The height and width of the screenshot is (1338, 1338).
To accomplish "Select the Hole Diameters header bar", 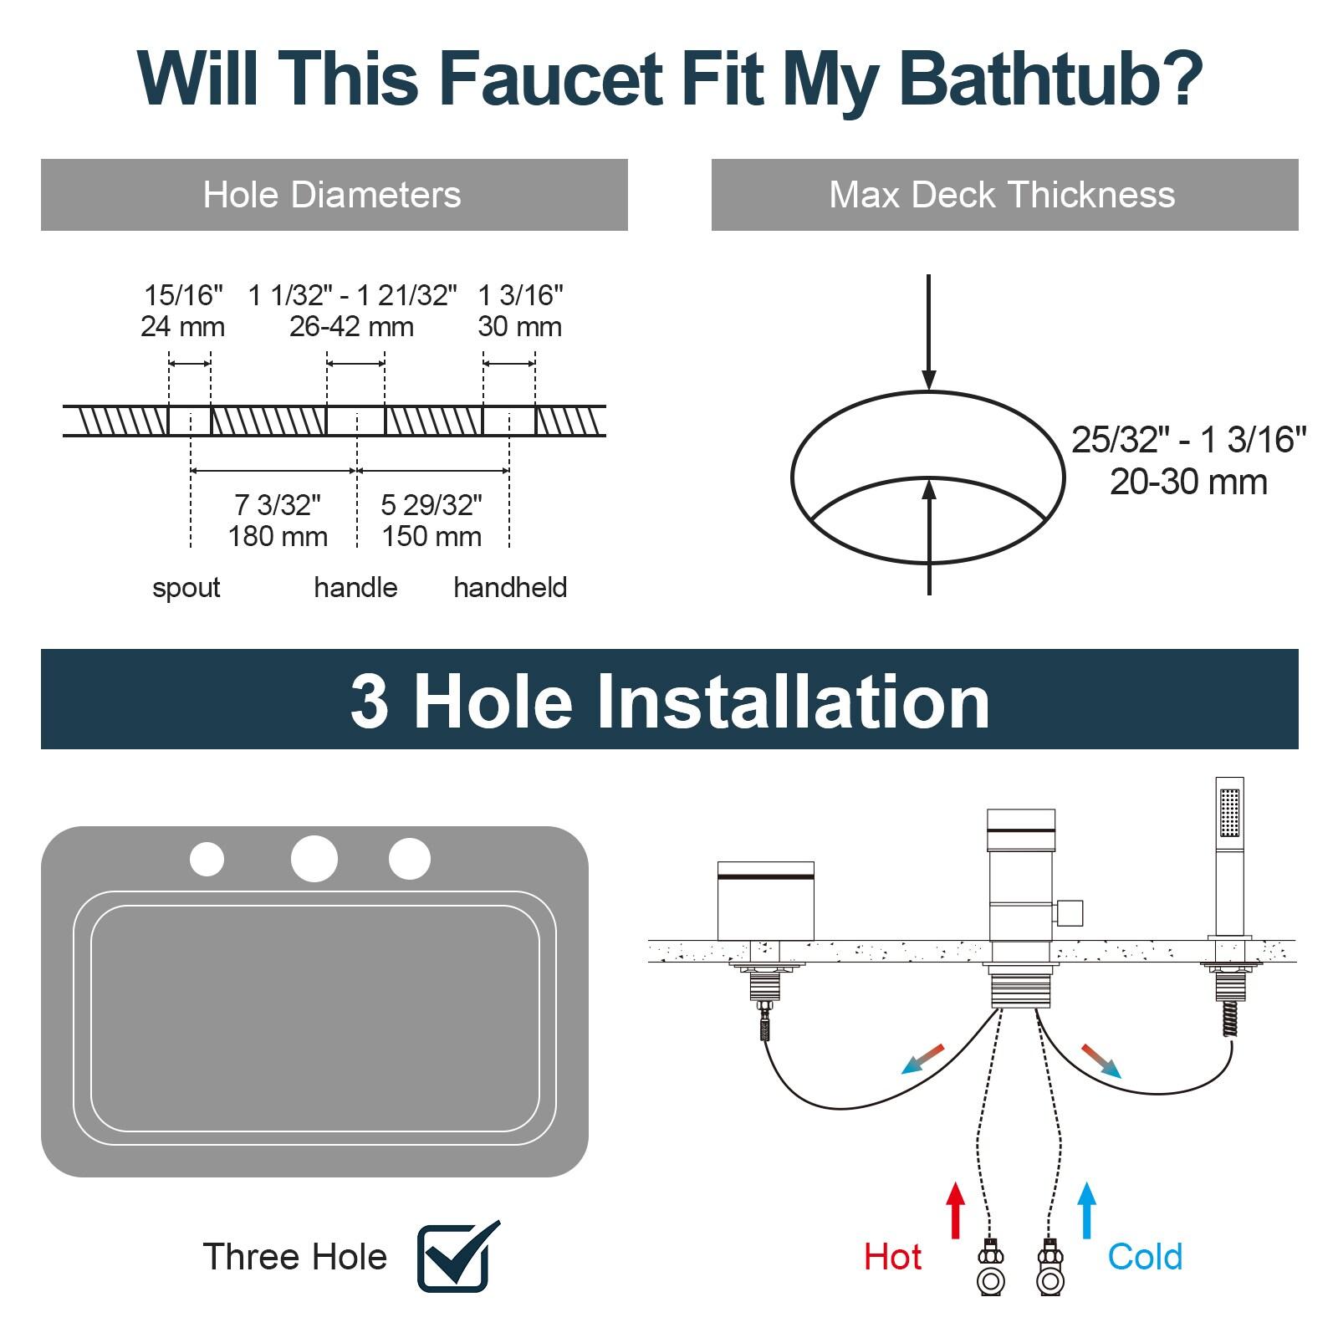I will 334,195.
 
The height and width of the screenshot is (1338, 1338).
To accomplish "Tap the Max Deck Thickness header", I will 1004,195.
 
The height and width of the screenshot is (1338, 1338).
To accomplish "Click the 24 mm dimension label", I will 182,326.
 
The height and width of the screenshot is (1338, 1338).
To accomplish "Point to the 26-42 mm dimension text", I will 351,326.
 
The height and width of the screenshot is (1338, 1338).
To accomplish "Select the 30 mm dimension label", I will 519,326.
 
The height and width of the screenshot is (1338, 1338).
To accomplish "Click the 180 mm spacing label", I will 278,536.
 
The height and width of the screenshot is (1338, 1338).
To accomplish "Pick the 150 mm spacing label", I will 432,536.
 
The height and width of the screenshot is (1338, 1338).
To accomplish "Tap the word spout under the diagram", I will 186,588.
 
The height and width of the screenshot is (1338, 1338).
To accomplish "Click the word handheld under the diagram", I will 510,588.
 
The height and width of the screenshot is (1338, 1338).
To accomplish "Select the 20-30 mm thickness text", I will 1188,483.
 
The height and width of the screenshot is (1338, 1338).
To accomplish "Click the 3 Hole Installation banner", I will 669,700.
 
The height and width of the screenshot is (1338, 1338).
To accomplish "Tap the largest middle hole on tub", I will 314,859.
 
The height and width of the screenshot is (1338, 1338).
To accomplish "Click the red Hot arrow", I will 956,1209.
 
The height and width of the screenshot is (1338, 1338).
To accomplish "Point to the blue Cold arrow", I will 1086,1209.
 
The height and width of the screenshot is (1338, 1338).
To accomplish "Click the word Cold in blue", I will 1145,1257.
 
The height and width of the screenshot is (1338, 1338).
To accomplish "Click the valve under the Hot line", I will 990,1269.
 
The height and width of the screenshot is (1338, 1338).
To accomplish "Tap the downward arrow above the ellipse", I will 928,334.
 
